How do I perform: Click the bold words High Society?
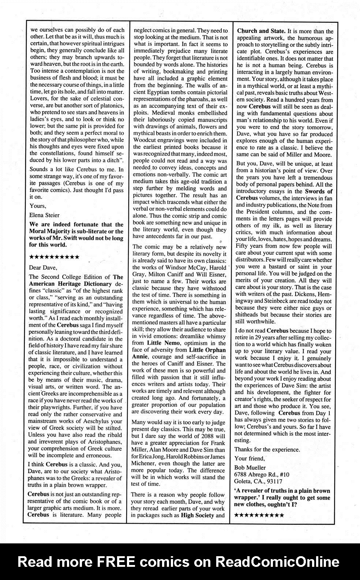(x=198, y=515)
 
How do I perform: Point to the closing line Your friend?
(x=250, y=458)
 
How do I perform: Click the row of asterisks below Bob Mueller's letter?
(x=259, y=515)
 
